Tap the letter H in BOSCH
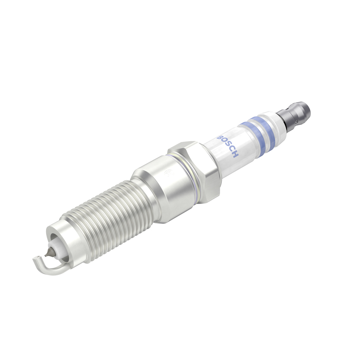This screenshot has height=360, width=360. [235, 155]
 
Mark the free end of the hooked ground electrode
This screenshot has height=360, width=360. [35, 260]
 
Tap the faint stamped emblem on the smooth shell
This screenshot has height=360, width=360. [168, 172]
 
